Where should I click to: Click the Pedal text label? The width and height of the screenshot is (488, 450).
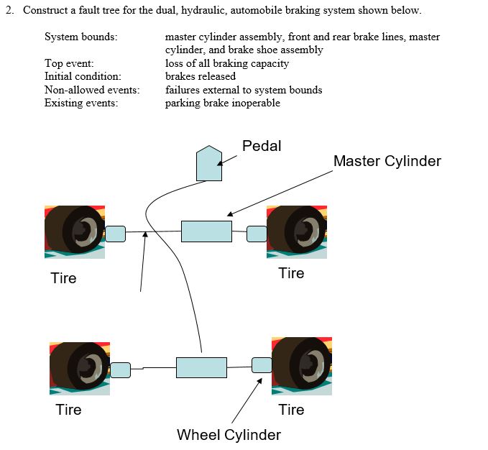262,146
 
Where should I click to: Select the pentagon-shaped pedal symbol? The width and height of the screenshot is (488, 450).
209,164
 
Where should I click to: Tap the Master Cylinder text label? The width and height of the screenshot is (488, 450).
387,161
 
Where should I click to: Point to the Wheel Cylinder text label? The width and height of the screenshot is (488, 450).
229,434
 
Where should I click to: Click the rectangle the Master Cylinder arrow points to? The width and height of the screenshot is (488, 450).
206,231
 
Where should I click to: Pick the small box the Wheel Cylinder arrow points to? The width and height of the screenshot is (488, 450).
262,364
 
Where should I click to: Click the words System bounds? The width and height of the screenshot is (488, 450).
81,37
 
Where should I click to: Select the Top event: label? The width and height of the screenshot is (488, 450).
69,63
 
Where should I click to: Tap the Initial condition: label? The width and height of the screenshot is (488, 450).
83,76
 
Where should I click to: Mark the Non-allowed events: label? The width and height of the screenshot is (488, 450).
92,90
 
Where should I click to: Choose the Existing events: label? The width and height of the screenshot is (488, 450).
81,103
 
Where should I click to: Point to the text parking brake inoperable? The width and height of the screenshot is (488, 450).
222,103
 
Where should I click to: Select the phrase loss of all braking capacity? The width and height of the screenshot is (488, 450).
226,63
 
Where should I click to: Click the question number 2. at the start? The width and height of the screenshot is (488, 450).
10,11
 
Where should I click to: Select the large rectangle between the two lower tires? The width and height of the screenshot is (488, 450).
201,367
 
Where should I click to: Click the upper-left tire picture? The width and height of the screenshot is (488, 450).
75,231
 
